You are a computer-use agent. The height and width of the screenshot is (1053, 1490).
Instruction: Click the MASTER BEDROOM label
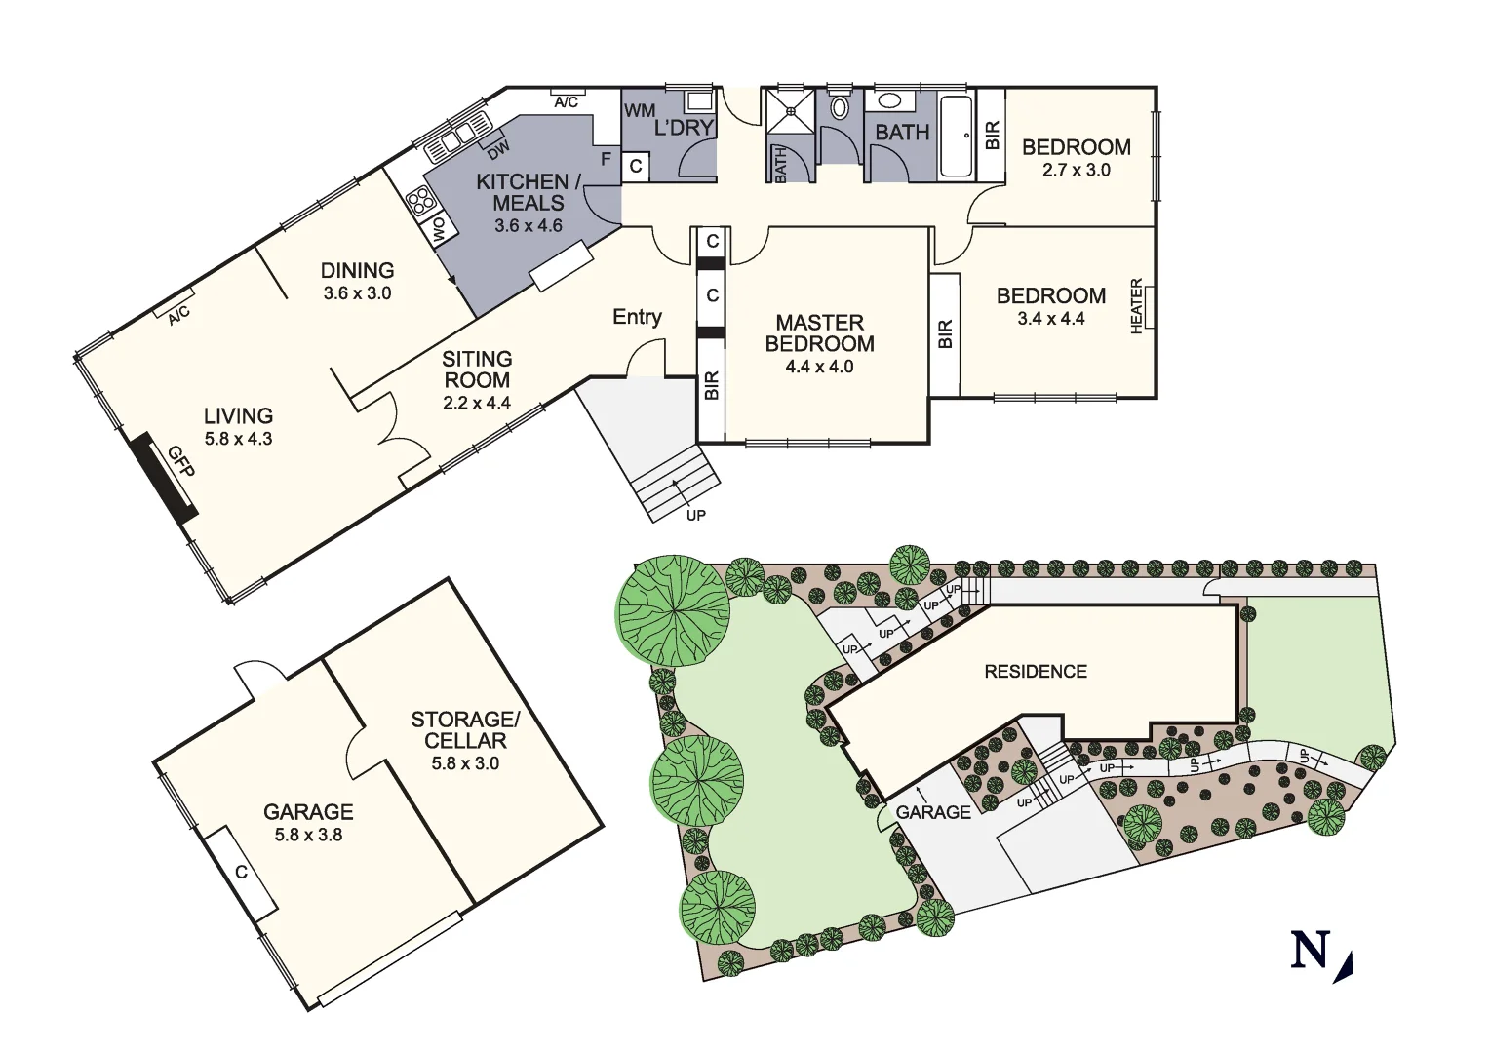coord(819,332)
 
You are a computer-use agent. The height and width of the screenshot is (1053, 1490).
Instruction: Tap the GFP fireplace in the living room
coord(167,478)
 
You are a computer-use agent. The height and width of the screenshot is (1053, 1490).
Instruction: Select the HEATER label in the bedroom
coord(1136,307)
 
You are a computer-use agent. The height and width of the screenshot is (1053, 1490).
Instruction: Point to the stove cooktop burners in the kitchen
coord(420,202)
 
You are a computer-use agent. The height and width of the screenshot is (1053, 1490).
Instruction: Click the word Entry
coord(637,317)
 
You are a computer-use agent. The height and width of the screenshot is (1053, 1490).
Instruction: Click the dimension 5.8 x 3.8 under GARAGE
coord(308,835)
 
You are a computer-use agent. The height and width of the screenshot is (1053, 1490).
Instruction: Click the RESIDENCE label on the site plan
coord(1035,671)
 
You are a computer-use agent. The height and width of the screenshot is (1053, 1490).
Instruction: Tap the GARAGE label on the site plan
coord(933,812)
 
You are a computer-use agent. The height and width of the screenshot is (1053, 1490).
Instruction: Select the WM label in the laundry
coord(640,111)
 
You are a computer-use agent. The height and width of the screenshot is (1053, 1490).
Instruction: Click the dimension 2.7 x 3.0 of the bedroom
coord(1077,170)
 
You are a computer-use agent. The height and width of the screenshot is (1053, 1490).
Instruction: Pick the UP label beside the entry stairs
coord(695,515)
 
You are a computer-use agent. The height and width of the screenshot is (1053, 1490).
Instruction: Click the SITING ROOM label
coord(477,370)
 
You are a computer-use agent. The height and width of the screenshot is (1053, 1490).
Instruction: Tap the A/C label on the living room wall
coord(177,316)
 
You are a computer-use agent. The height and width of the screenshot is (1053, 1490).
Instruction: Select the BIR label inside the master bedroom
coord(711,386)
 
